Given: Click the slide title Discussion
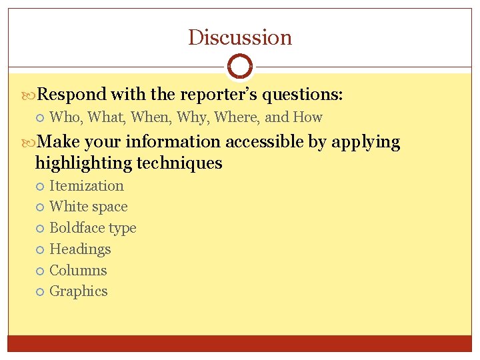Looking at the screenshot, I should click(240, 37).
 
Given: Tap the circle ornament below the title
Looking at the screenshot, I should click(240, 67).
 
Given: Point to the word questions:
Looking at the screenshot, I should click(303, 95).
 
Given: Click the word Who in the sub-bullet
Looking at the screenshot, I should click(65, 117).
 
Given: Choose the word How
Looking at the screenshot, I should click(308, 117).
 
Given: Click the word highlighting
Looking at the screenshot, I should click(83, 163).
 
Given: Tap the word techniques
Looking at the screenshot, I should click(179, 163).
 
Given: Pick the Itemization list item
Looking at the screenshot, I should click(87, 186).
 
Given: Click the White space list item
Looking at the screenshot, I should click(89, 207).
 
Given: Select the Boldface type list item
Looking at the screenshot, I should click(93, 228).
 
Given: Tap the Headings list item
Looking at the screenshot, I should click(80, 249).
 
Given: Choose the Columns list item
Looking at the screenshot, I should click(78, 270).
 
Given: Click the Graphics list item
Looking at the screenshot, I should click(79, 291).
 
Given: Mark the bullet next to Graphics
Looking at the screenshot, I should click(40, 291).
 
